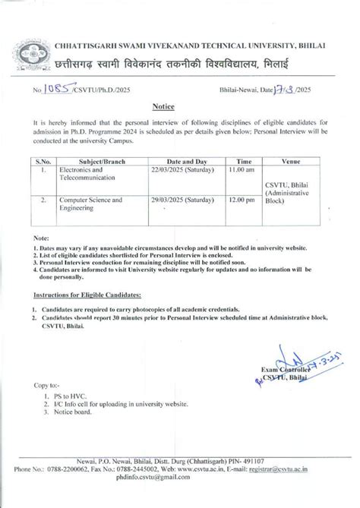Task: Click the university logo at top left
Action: point(33,55)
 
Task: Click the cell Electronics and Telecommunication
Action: point(86,175)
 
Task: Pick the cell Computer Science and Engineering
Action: point(90,206)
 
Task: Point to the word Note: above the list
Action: point(42,238)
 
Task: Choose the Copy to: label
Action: point(46,386)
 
